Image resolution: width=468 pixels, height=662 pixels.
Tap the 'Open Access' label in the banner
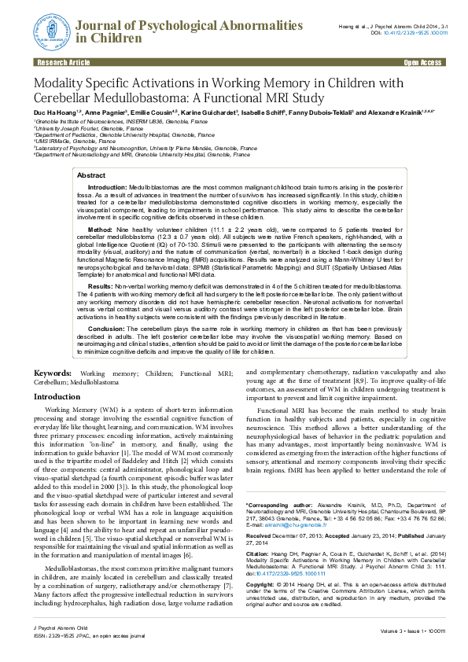422,61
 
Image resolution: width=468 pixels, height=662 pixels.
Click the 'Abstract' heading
91,175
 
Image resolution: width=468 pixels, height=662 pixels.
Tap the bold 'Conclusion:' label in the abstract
107,327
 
